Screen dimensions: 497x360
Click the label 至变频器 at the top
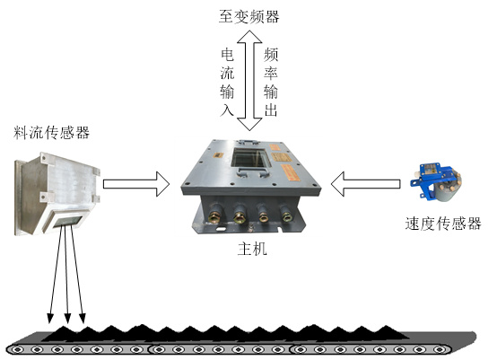click(x=249, y=16)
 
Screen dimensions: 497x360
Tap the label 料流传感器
click(x=51, y=132)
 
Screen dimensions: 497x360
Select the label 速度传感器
click(x=443, y=224)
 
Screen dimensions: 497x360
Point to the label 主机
click(x=252, y=249)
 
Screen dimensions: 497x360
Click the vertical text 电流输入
click(x=227, y=83)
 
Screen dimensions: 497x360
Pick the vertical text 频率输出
click(x=271, y=83)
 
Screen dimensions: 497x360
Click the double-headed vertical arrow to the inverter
click(x=249, y=81)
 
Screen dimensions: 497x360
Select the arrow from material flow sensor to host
click(x=136, y=184)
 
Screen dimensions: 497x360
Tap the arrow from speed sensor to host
click(x=365, y=184)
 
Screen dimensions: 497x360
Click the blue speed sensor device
click(x=436, y=180)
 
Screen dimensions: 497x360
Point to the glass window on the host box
click(x=250, y=158)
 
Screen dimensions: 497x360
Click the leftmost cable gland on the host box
click(x=214, y=214)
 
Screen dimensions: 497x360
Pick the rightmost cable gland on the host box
click(x=286, y=214)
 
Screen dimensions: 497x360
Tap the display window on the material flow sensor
click(x=67, y=221)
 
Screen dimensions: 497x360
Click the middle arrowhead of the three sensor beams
click(x=67, y=318)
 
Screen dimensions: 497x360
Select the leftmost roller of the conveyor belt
click(x=18, y=349)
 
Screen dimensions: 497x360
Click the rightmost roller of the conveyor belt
click(x=440, y=349)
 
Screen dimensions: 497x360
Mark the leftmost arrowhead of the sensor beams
click(x=49, y=318)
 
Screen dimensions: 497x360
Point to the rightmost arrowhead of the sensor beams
click(x=83, y=318)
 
